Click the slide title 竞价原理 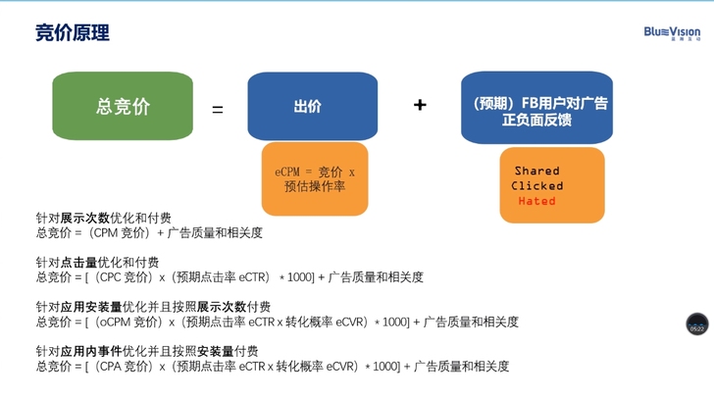[x=73, y=32]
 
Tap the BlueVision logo [x=672, y=33]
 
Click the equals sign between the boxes [x=218, y=109]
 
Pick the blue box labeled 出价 [x=312, y=107]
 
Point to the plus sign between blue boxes [x=420, y=104]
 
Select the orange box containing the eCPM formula [x=315, y=178]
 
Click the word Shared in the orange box [x=536, y=171]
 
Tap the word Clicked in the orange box [x=537, y=185]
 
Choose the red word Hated [x=536, y=201]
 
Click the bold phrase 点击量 [x=80, y=262]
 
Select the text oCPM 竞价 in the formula [x=128, y=322]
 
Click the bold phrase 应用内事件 [x=87, y=350]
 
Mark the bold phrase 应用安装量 [x=87, y=306]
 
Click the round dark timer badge [x=696, y=324]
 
